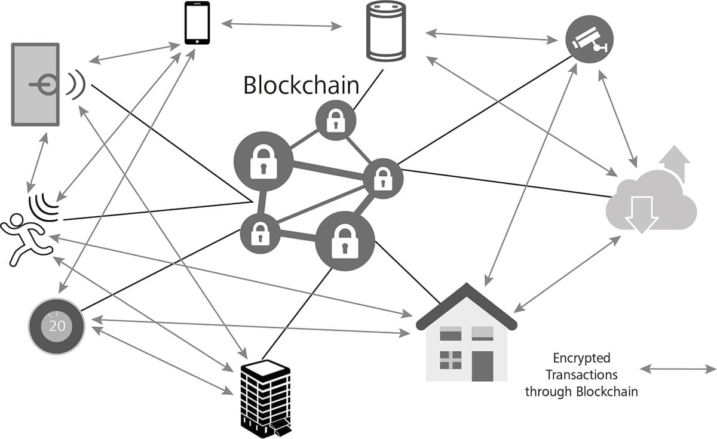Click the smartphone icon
click(x=197, y=23)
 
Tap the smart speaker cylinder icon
click(x=385, y=31)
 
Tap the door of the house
click(x=482, y=365)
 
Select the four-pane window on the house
click(x=451, y=360)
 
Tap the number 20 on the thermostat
click(x=57, y=326)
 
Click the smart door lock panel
click(x=35, y=84)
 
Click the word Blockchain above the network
click(x=301, y=85)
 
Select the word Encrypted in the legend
click(x=581, y=358)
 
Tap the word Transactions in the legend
click(x=581, y=375)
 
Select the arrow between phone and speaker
click(x=281, y=25)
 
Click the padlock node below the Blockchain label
click(x=335, y=120)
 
